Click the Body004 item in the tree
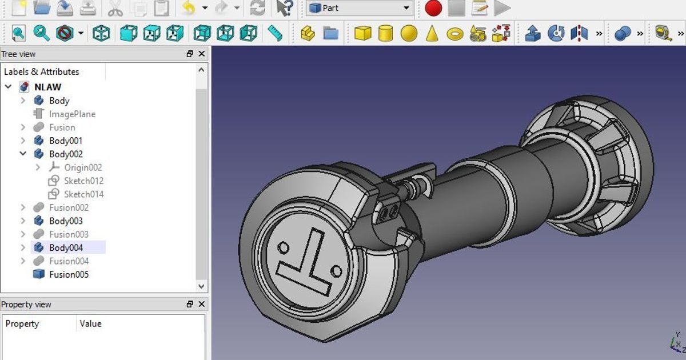(x=66, y=247)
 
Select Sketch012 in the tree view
(x=83, y=181)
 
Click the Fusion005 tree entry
(x=69, y=274)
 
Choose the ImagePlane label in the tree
(x=72, y=114)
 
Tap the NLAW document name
(x=47, y=87)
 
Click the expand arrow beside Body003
(x=23, y=221)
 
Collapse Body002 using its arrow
(x=23, y=154)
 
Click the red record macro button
(x=433, y=8)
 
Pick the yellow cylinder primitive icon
(x=386, y=33)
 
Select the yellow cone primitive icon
(x=432, y=33)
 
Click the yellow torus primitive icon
(x=455, y=34)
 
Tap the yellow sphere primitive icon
(x=409, y=33)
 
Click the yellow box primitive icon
(x=362, y=33)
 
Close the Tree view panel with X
(x=201, y=54)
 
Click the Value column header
(x=90, y=323)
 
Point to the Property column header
(x=22, y=323)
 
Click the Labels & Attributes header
(x=41, y=71)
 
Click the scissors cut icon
(x=115, y=8)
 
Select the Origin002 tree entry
(x=83, y=167)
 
